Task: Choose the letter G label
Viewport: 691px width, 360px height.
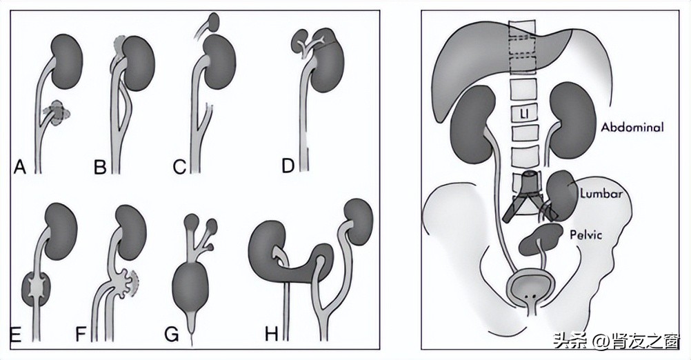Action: coord(171,334)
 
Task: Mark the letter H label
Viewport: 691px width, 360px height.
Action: coord(272,334)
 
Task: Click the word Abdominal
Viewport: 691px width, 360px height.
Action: coord(632,127)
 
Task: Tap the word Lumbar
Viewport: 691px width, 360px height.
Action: coord(601,194)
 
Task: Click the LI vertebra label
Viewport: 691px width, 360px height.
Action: coord(525,112)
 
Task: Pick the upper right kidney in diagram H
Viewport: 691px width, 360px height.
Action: coord(358,217)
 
